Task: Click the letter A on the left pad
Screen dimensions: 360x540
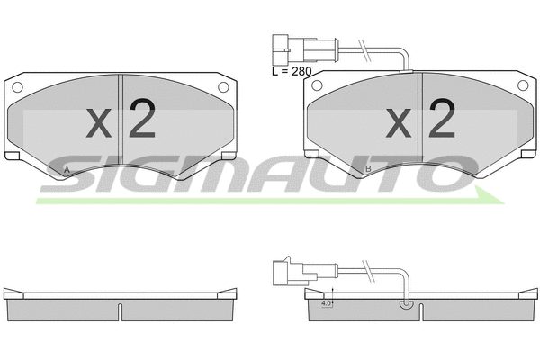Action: (x=67, y=169)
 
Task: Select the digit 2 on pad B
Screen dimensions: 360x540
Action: (x=442, y=119)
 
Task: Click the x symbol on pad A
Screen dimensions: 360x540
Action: (x=99, y=124)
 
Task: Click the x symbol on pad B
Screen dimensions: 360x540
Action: (x=399, y=124)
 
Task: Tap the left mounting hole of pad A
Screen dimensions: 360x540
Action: (x=17, y=87)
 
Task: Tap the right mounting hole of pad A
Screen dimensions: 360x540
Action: (x=224, y=87)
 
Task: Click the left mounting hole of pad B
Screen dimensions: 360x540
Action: (x=317, y=87)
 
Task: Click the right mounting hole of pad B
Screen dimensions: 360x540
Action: (x=524, y=87)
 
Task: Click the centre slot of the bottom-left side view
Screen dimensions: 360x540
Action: (x=121, y=310)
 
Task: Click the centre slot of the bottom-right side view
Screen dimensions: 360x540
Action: (x=420, y=310)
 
